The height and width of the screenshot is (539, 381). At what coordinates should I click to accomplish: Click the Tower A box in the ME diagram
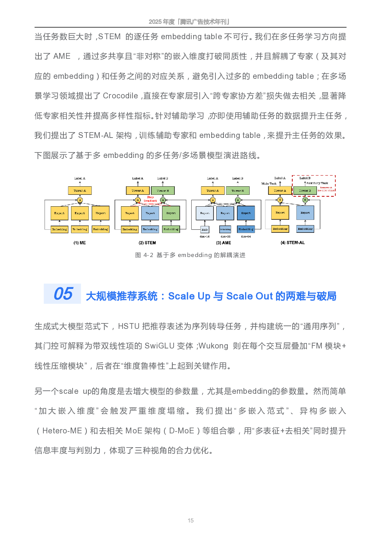(x=80, y=191)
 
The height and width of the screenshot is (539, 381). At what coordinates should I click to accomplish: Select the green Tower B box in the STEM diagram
(x=162, y=191)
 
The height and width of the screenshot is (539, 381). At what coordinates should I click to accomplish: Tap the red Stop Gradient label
(x=150, y=199)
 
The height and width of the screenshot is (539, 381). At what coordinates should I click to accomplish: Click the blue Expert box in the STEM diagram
(x=150, y=213)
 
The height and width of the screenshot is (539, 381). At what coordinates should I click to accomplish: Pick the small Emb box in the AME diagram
(x=205, y=229)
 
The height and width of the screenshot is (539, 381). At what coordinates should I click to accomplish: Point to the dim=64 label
(x=246, y=237)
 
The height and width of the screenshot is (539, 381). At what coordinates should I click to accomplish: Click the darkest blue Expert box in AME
(x=246, y=213)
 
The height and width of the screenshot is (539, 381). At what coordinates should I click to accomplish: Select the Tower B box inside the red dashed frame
(x=305, y=191)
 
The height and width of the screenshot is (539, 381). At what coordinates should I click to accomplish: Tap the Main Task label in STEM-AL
(x=269, y=184)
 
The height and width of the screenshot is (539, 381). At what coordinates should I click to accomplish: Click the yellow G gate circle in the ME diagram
(x=80, y=200)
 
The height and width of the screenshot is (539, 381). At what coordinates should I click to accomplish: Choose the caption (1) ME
(x=80, y=243)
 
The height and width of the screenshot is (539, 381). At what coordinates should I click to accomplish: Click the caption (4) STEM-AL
(x=293, y=243)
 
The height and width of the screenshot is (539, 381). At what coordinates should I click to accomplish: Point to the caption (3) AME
(x=224, y=243)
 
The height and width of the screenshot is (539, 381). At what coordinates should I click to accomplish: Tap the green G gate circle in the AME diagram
(x=238, y=200)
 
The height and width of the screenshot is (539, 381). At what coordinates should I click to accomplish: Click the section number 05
(x=63, y=294)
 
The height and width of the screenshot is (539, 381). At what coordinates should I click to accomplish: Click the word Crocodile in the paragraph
(x=120, y=96)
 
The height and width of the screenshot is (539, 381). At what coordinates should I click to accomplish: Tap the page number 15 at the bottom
(x=190, y=521)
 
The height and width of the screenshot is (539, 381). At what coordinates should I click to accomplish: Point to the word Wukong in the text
(x=214, y=346)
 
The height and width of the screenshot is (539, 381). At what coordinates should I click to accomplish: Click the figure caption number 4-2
(x=148, y=255)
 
